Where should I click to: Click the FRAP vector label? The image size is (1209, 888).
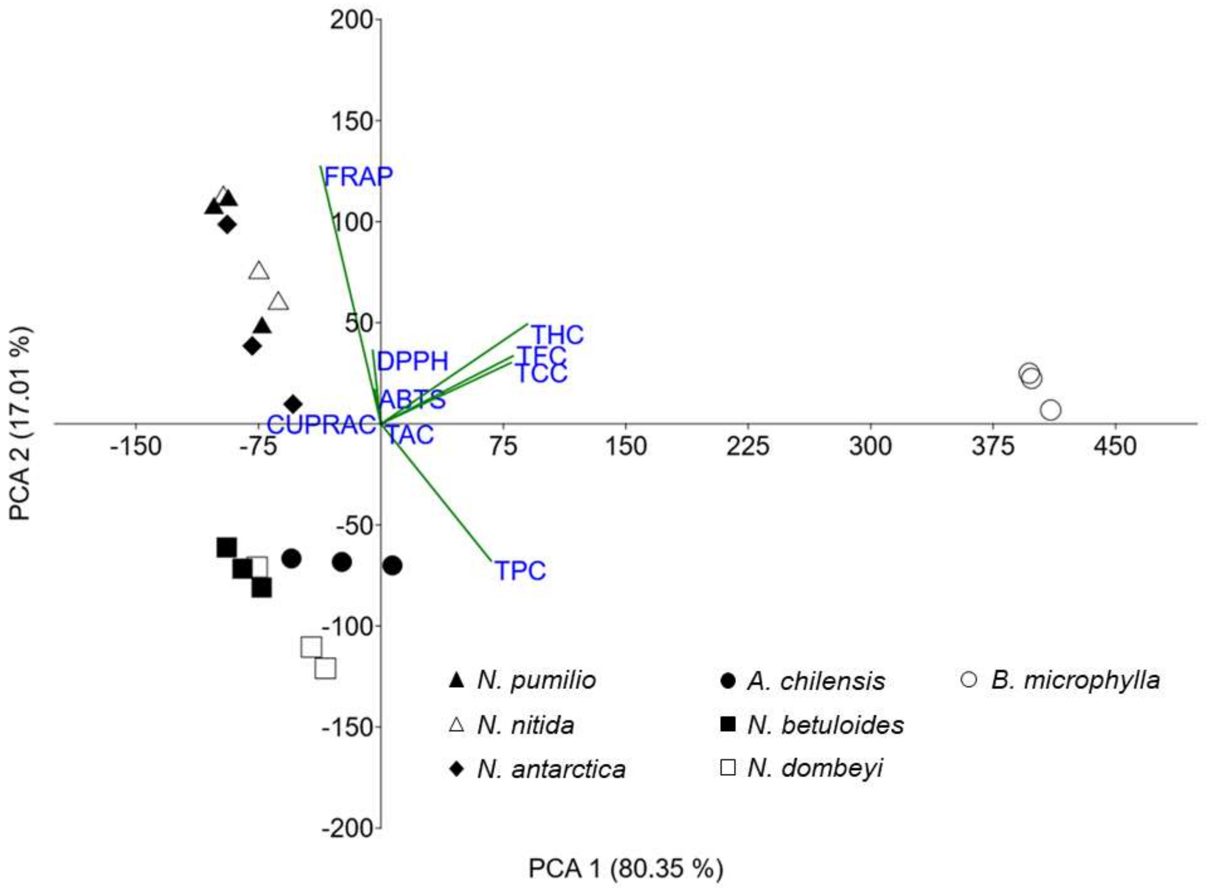pos(358,176)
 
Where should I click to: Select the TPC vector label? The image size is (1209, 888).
pos(520,570)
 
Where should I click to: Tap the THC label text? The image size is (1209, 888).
pos(557,335)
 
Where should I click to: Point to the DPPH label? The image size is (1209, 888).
pos(412,361)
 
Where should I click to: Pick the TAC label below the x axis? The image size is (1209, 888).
pos(410,434)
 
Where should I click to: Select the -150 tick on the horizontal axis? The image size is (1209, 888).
pos(136,446)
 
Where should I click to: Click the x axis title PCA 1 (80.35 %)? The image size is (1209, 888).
pos(626,868)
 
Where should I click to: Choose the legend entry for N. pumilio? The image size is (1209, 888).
pos(536,680)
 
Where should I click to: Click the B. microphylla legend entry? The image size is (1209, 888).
pos(1075,680)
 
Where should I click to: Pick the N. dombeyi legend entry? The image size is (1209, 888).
pos(815,768)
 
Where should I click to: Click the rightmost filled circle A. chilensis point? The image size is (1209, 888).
pos(393,566)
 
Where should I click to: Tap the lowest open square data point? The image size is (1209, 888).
pos(326,669)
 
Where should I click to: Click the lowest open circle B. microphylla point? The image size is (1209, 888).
pos(1050,410)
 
